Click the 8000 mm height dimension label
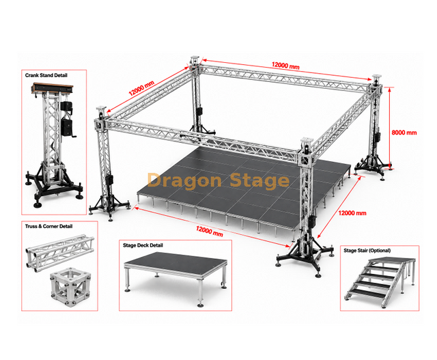(x=404, y=133)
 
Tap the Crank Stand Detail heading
(x=46, y=75)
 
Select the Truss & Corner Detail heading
(x=48, y=226)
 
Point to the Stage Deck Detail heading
(x=143, y=245)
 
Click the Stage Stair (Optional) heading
(x=367, y=251)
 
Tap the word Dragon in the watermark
(x=184, y=181)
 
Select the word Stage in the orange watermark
(x=259, y=181)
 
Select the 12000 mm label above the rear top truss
(x=285, y=66)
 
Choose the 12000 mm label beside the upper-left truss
(x=141, y=88)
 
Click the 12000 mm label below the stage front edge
(x=210, y=232)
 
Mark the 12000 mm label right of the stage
(x=352, y=213)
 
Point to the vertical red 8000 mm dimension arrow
(x=389, y=128)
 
